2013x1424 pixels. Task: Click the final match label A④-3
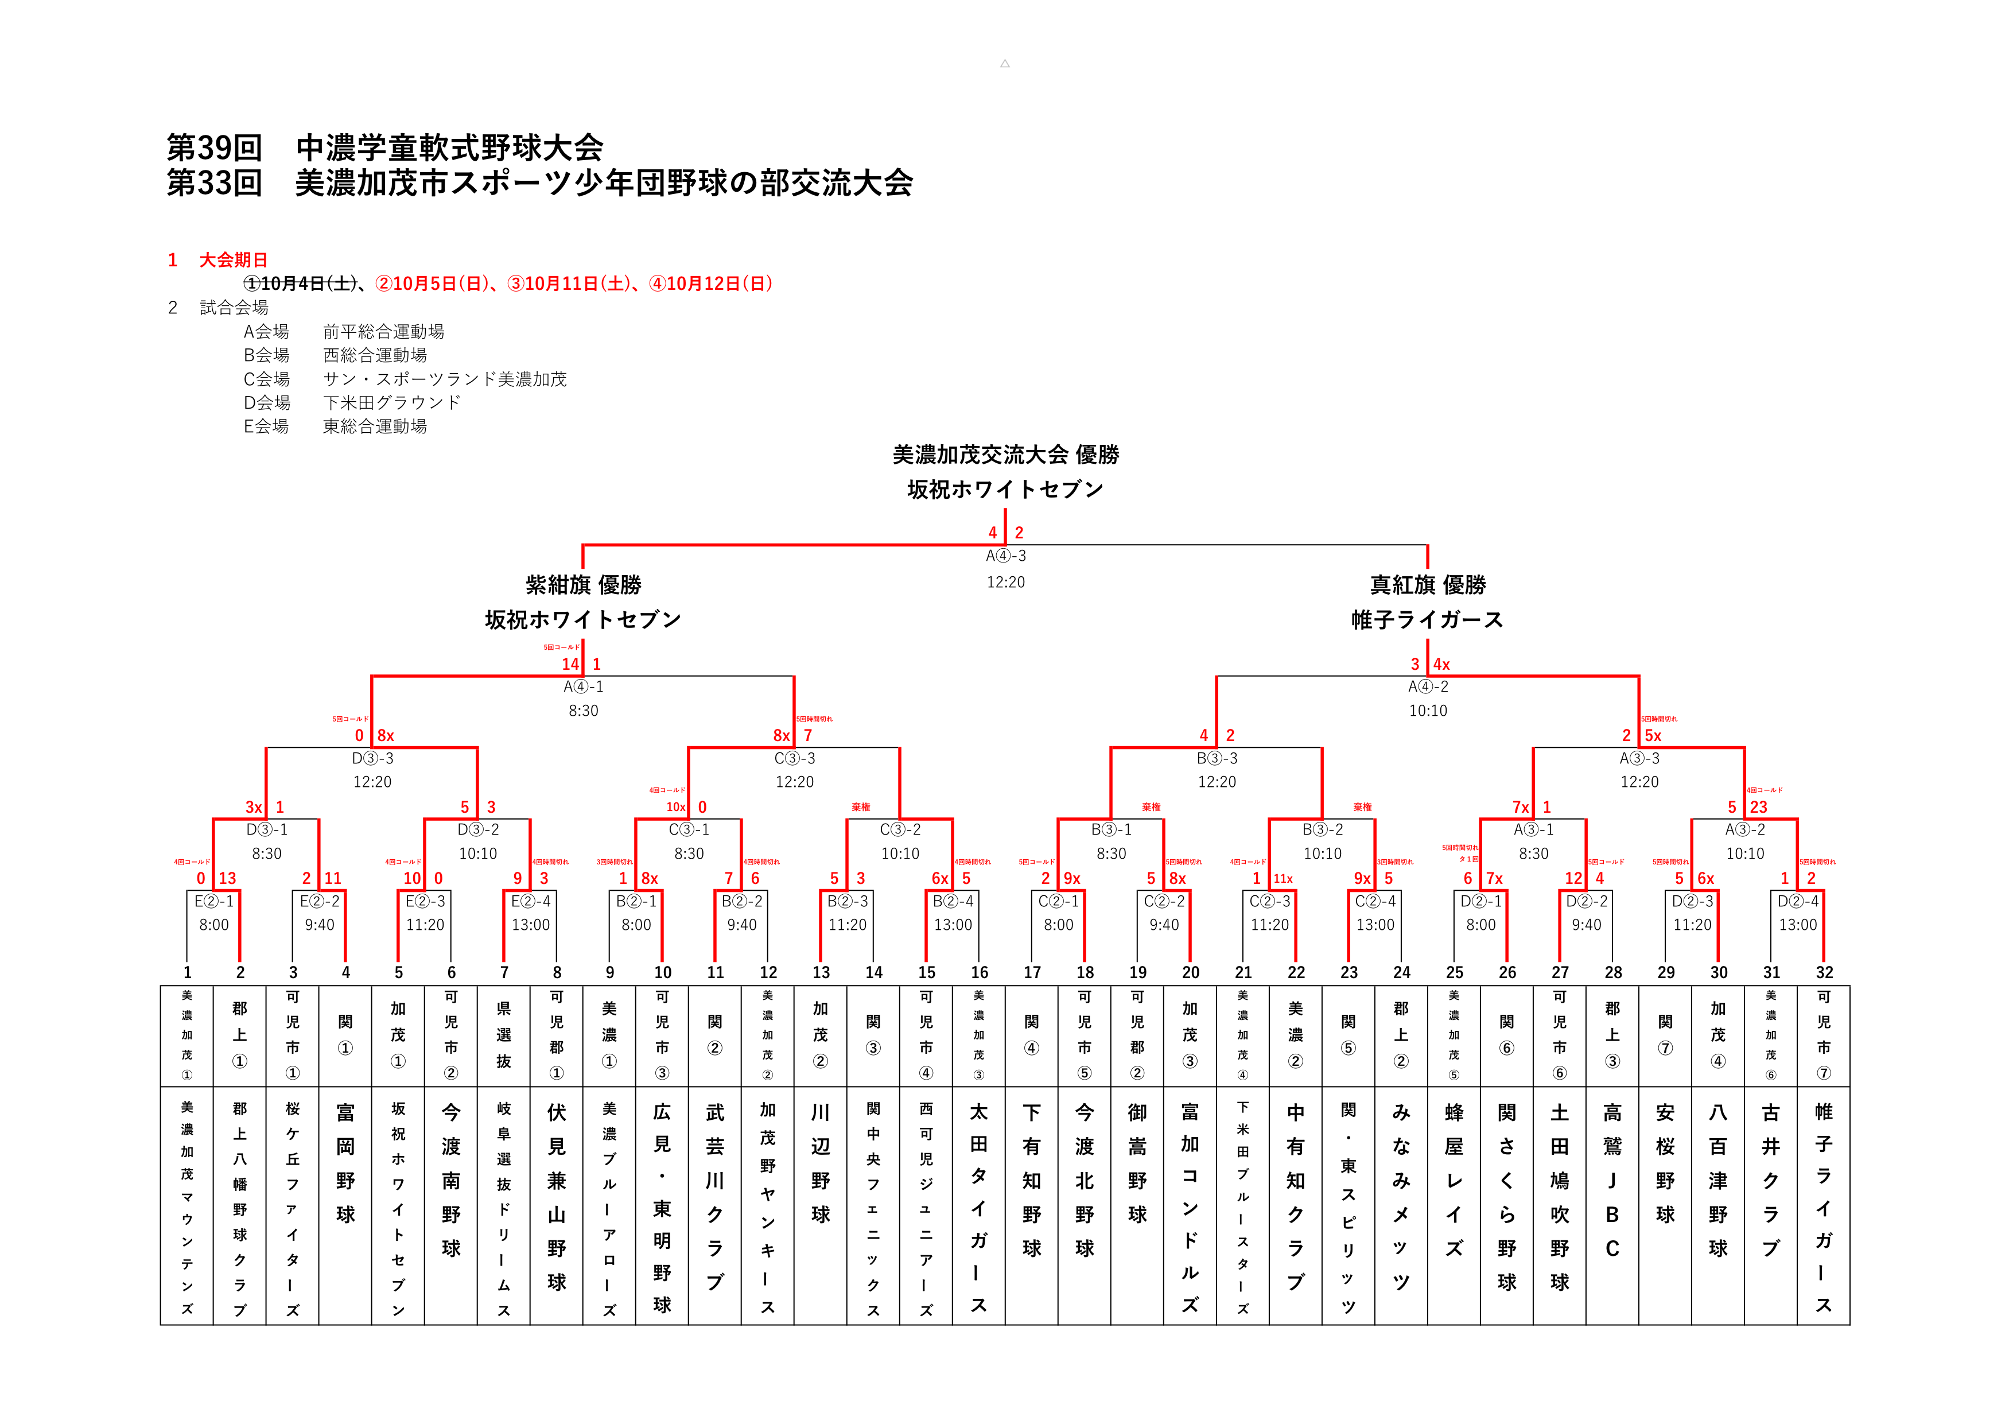1005,556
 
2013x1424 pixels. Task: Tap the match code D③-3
372,758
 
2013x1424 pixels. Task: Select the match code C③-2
900,829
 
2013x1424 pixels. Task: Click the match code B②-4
953,901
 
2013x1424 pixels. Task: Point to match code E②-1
214,901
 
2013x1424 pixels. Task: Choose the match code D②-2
1586,901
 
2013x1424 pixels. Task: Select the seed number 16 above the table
980,972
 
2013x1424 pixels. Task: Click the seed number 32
1825,972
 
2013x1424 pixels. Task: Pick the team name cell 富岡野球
345,1163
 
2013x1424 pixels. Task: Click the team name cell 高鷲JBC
1612,1179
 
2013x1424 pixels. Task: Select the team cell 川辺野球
821,1163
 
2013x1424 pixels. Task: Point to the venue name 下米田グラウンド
392,402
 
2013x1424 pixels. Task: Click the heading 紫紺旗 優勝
583,585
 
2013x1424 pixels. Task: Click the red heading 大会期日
233,259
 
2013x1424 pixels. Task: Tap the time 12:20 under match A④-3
1005,582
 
